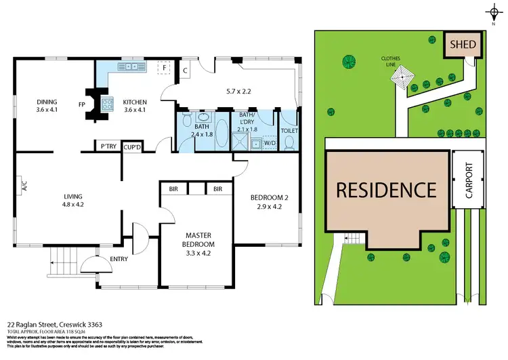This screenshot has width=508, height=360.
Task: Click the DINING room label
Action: (47, 103)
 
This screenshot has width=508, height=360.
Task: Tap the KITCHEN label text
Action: (134, 103)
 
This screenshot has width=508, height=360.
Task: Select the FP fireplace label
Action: (81, 106)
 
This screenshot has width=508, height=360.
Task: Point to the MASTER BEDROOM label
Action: (198, 239)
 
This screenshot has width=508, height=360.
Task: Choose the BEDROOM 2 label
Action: (270, 197)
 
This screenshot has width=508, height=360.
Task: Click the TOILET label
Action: (289, 130)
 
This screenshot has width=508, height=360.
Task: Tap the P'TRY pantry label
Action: (108, 146)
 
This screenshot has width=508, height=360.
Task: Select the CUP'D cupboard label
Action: (131, 146)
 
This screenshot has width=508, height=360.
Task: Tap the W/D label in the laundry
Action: (269, 143)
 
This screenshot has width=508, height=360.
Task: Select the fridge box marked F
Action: (164, 68)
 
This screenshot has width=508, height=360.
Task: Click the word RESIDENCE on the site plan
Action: (387, 189)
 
